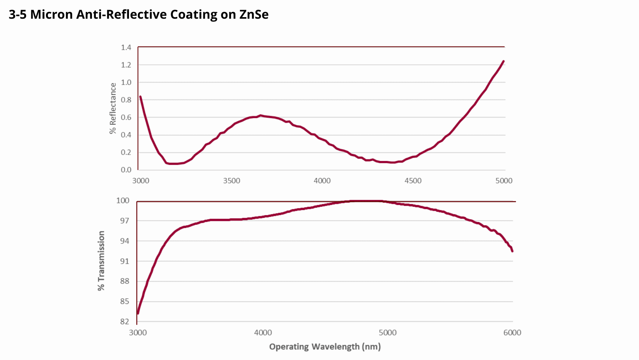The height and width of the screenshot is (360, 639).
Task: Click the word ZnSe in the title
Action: click(x=254, y=14)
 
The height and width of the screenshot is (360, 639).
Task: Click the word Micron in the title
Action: click(x=51, y=14)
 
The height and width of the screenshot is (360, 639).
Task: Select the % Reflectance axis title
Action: click(x=113, y=108)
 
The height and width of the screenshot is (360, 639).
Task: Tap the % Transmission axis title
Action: click(x=101, y=261)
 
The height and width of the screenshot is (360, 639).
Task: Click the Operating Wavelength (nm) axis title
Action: click(x=325, y=346)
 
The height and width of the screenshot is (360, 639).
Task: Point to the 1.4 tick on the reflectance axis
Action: click(x=126, y=48)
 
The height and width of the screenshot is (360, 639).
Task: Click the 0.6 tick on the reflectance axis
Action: click(x=126, y=117)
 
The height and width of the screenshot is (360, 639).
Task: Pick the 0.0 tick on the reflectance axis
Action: click(x=126, y=170)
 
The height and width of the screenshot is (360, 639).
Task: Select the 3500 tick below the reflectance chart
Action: click(x=231, y=181)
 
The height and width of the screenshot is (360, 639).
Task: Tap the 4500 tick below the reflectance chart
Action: click(x=413, y=181)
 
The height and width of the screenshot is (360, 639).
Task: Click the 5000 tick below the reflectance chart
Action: click(x=504, y=181)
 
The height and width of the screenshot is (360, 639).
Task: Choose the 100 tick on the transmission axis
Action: click(x=123, y=201)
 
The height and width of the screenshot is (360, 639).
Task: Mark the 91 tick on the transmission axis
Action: click(x=124, y=261)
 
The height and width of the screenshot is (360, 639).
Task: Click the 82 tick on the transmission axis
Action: click(x=124, y=321)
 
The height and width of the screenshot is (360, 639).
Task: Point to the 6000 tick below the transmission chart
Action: click(x=512, y=333)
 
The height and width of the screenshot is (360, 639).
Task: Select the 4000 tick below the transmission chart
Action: click(x=263, y=333)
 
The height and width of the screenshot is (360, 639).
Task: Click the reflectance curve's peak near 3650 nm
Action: click(x=260, y=115)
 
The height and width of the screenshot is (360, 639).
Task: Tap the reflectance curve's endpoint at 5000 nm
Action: click(x=503, y=61)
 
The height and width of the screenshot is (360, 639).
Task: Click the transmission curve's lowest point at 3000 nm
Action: click(x=138, y=313)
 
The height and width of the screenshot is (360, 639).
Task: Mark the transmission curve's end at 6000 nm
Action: click(x=512, y=251)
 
